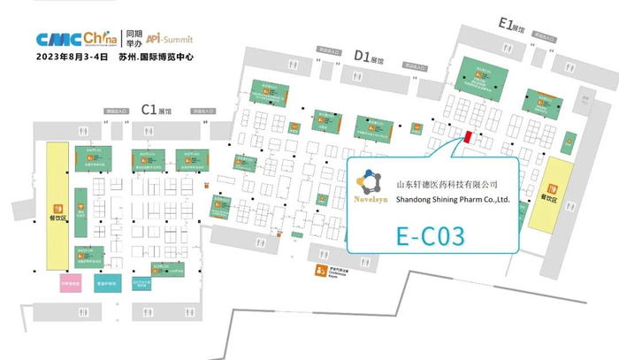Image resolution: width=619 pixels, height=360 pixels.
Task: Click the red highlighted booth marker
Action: (x=465, y=137)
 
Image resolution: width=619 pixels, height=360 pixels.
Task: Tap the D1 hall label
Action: (x=368, y=57)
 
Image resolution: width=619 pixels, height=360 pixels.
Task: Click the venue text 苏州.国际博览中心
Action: (x=157, y=56)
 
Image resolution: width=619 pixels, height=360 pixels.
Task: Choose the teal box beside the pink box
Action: (x=105, y=282)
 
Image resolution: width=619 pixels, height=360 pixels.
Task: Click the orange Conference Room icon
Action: (x=311, y=272)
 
